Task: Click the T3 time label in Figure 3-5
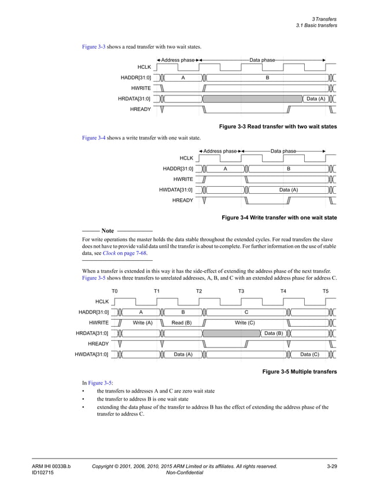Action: (x=241, y=291)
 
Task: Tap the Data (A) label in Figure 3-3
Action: (x=315, y=99)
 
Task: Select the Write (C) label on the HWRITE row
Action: (x=245, y=323)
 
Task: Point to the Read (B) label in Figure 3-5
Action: (x=182, y=323)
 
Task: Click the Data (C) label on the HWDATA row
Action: (x=309, y=355)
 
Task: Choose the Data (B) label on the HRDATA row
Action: (x=273, y=334)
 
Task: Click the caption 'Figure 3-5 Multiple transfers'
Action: (x=300, y=371)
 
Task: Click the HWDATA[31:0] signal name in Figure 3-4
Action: (x=176, y=190)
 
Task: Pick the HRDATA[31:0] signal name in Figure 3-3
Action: (x=134, y=99)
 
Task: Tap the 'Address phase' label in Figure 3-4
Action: (x=220, y=151)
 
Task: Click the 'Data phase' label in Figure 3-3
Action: (x=262, y=60)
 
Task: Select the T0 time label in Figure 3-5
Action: (x=115, y=291)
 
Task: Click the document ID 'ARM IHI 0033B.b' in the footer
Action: (x=51, y=466)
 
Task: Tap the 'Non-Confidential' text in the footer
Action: (x=184, y=472)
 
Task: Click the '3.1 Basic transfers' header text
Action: (x=316, y=25)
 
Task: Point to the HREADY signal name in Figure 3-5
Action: (x=98, y=344)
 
